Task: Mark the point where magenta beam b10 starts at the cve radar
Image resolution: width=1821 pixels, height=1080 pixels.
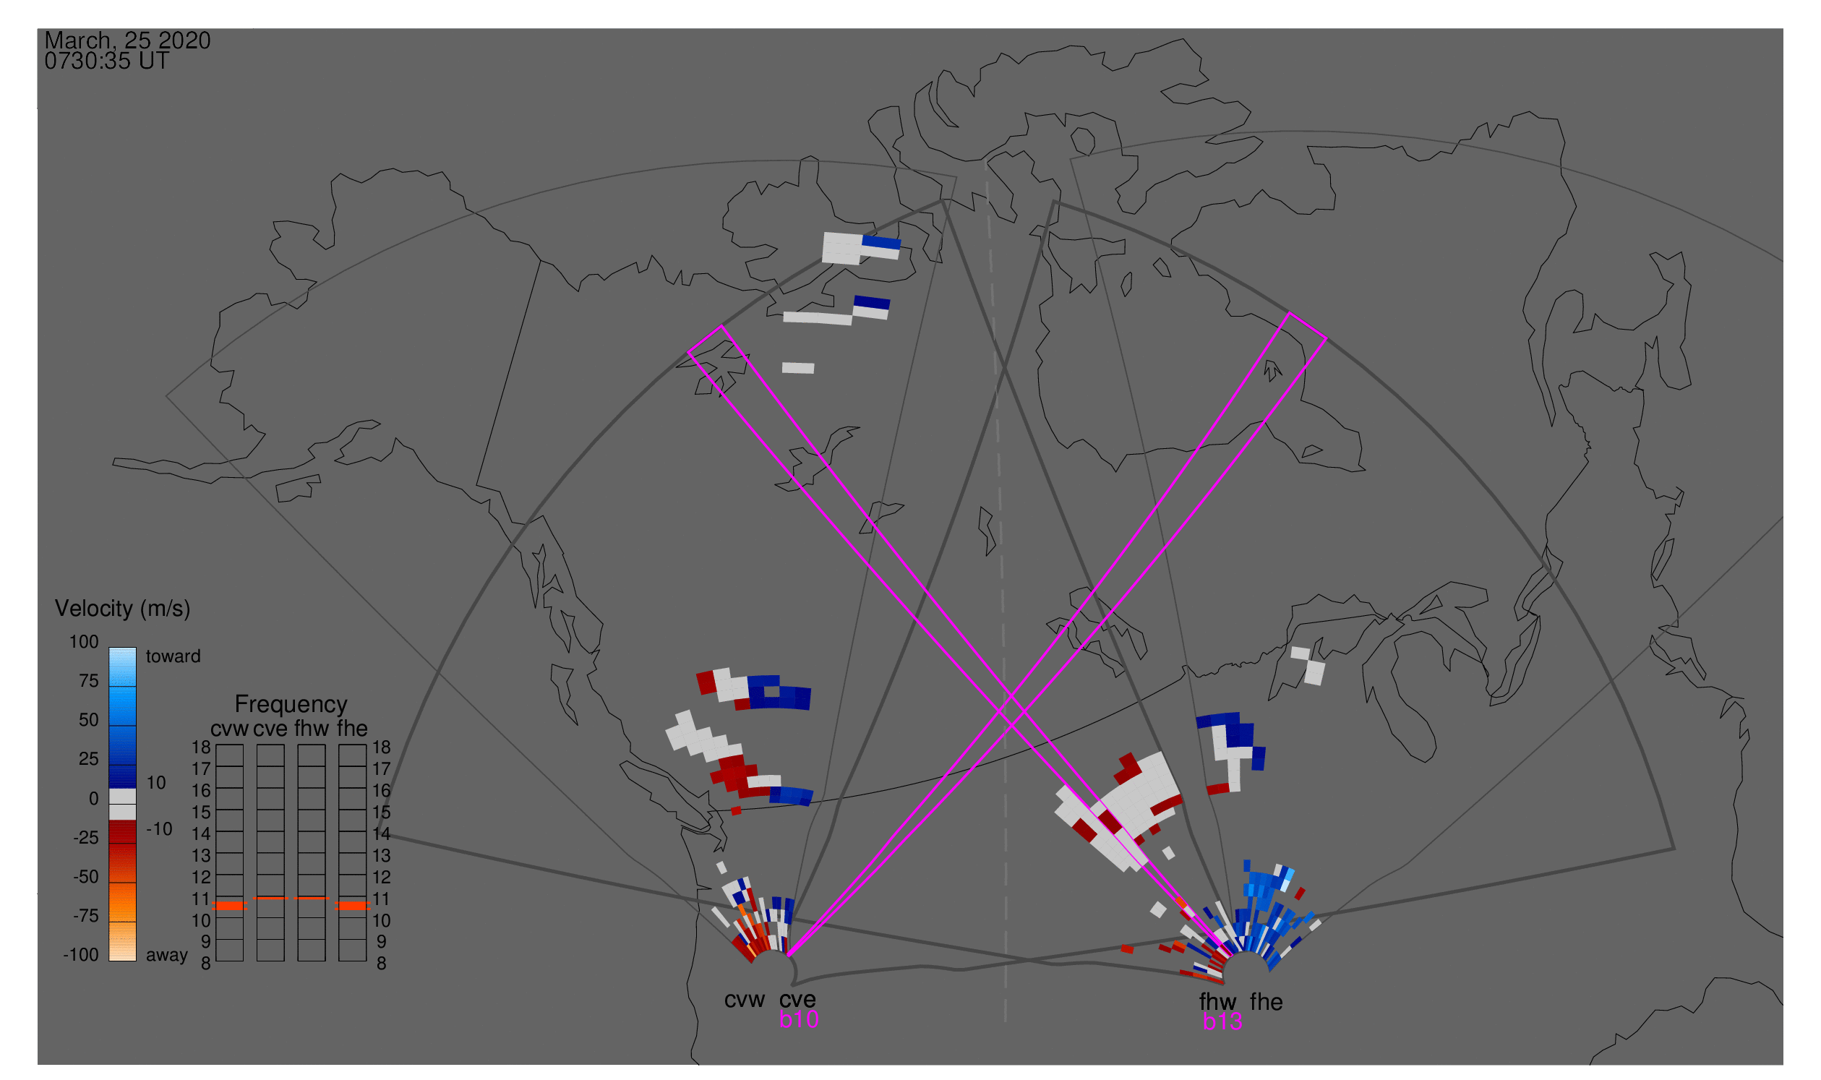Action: click(x=787, y=956)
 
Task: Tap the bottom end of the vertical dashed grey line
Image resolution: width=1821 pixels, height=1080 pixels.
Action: click(x=1005, y=1021)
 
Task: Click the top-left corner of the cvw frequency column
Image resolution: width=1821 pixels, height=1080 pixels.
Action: click(x=216, y=745)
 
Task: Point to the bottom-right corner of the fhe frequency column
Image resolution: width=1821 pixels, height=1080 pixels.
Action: click(x=366, y=961)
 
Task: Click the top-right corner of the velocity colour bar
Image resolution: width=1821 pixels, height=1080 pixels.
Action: click(x=136, y=648)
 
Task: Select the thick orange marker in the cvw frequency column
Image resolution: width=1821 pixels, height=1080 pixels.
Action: click(x=229, y=906)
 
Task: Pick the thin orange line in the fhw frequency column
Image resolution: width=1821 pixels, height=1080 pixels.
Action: click(x=312, y=898)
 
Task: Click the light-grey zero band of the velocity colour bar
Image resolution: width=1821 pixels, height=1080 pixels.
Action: click(x=122, y=804)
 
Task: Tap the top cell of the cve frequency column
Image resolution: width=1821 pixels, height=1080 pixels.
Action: click(x=270, y=755)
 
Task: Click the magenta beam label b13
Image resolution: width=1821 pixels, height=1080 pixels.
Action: click(x=1222, y=1022)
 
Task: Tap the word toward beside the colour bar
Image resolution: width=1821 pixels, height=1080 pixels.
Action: click(x=173, y=656)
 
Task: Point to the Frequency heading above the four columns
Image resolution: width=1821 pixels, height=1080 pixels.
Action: click(x=291, y=704)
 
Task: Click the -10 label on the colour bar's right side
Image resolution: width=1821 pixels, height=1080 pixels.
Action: click(x=158, y=829)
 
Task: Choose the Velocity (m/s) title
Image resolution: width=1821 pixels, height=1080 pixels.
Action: click(x=122, y=609)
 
